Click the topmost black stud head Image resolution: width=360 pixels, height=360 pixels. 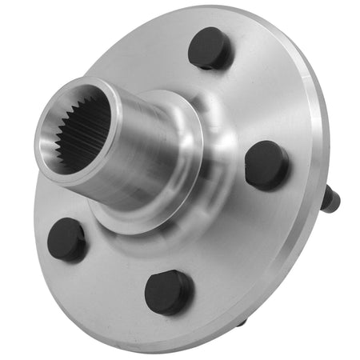(x=210, y=47)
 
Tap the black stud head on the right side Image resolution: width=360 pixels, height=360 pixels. (x=266, y=165)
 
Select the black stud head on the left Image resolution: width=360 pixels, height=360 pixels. (x=66, y=239)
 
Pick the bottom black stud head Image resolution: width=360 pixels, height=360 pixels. (x=168, y=291)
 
